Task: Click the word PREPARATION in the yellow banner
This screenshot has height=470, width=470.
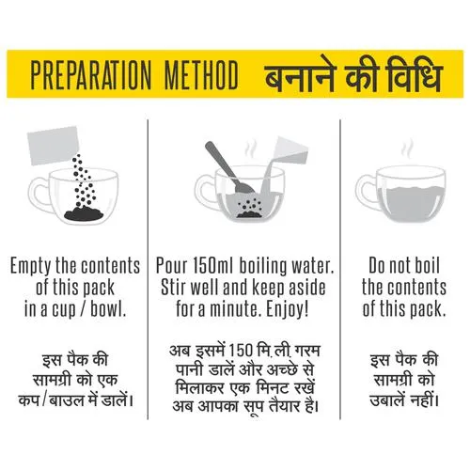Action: [91, 75]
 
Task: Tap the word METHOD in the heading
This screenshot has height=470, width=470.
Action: [201, 75]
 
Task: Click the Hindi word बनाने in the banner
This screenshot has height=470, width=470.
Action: [299, 76]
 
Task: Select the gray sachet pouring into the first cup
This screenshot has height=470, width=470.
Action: [54, 145]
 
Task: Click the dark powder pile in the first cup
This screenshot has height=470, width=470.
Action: [84, 213]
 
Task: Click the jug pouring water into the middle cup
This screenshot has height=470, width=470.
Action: [290, 150]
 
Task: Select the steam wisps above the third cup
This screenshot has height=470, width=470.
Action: [407, 149]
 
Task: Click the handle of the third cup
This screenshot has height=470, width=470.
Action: [365, 192]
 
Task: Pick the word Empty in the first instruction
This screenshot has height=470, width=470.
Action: [31, 267]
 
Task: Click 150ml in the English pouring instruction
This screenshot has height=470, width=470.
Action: [212, 266]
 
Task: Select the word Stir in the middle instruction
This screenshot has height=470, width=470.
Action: [173, 288]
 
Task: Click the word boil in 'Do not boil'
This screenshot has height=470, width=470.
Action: [428, 266]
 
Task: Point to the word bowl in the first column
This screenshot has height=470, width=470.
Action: [108, 309]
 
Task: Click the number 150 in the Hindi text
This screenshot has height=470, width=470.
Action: [240, 351]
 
